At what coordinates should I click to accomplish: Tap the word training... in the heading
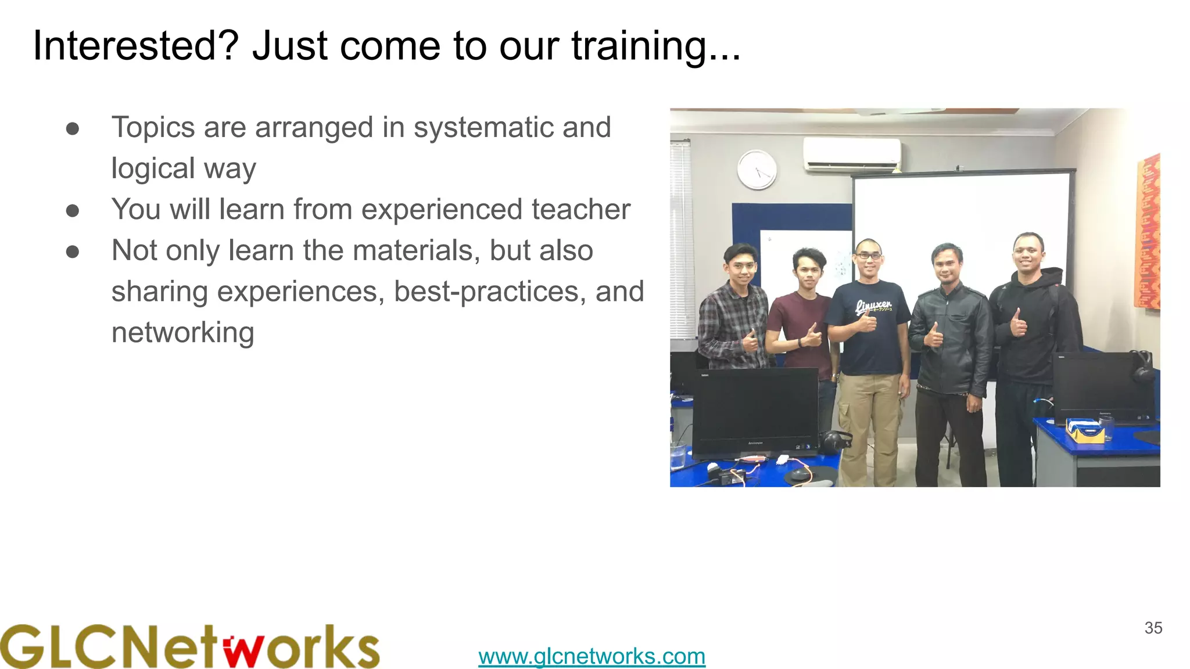pyautogui.click(x=656, y=46)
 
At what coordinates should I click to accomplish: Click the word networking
pyautogui.click(x=182, y=333)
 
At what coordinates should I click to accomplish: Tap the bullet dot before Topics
pyautogui.click(x=73, y=128)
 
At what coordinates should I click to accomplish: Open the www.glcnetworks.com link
pyautogui.click(x=592, y=656)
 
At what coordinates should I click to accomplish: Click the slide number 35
pyautogui.click(x=1153, y=628)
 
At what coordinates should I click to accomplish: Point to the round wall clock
pyautogui.click(x=757, y=170)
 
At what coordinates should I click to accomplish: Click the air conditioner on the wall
pyautogui.click(x=852, y=154)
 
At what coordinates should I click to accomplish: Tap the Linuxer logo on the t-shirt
pyautogui.click(x=873, y=306)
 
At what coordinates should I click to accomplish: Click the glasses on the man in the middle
pyautogui.click(x=869, y=256)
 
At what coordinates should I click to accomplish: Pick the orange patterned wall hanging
pyautogui.click(x=1147, y=232)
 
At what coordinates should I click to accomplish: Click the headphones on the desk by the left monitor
pyautogui.click(x=834, y=441)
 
